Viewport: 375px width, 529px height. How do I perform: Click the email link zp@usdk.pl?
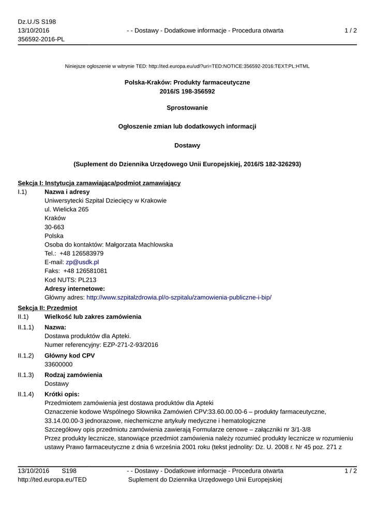coord(82,262)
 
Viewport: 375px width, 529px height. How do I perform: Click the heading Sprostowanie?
coord(187,107)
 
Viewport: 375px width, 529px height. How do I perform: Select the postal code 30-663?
coord(54,227)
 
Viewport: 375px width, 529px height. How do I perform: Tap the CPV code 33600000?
coord(58,364)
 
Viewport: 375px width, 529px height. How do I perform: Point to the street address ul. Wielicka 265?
coord(67,209)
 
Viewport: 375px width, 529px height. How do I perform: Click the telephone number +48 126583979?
coord(82,253)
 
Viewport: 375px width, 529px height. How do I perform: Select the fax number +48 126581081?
coord(85,271)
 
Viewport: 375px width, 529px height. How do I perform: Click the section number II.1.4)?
coord(26,394)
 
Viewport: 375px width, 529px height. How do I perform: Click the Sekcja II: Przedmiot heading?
coord(48,307)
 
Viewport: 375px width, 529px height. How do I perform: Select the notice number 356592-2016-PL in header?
coord(41,39)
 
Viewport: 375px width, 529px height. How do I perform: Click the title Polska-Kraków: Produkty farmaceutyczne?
coord(187,83)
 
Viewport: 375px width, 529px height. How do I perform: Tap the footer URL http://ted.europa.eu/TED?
coord(52,480)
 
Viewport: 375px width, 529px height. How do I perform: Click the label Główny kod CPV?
coord(70,355)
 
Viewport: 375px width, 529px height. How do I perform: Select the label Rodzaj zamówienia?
coord(73,375)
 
